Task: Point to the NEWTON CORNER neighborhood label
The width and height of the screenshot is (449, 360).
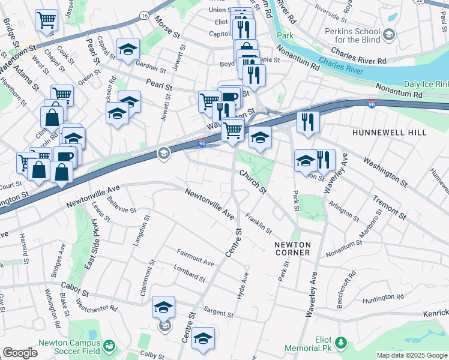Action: [x=292, y=248]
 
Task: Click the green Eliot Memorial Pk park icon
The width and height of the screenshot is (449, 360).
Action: [x=341, y=343]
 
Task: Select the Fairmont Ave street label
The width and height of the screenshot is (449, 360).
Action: [x=195, y=259]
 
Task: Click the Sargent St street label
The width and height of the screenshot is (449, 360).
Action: [x=218, y=312]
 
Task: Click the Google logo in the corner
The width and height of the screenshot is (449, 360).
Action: [x=20, y=353]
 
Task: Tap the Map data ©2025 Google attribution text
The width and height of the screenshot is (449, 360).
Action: [x=411, y=355]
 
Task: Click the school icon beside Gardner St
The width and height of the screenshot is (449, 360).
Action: [x=127, y=51]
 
